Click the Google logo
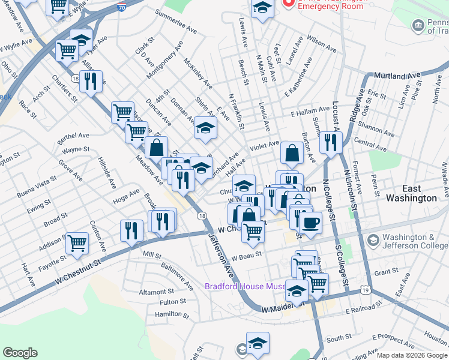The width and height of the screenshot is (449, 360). pyautogui.click(x=20, y=353)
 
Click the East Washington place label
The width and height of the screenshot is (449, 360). pyautogui.click(x=411, y=193)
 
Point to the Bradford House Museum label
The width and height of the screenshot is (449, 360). pyautogui.click(x=245, y=286)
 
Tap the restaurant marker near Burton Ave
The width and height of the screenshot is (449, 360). pyautogui.click(x=330, y=142)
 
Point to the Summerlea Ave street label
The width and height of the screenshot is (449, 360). pyautogui.click(x=176, y=21)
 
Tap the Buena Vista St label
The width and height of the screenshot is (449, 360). pyautogui.click(x=37, y=187)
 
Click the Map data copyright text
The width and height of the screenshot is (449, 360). pyautogui.click(x=411, y=355)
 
